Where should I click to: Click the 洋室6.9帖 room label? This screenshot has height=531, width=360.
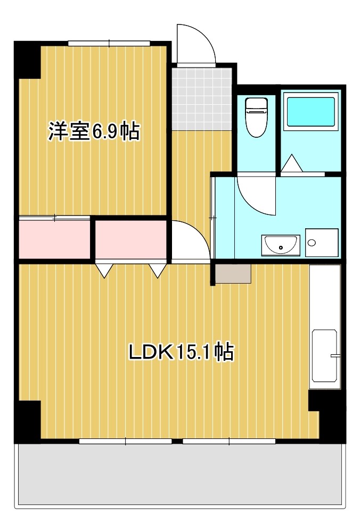[94, 131]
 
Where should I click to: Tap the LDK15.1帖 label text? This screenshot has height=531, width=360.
[181, 352]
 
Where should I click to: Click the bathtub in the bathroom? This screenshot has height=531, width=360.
[309, 112]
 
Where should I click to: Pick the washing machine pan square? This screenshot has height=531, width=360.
[322, 243]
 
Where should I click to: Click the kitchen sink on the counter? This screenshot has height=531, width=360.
[324, 355]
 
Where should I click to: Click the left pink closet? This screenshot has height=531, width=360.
[54, 237]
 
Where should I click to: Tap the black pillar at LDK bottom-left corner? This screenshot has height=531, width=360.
[28, 421]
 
